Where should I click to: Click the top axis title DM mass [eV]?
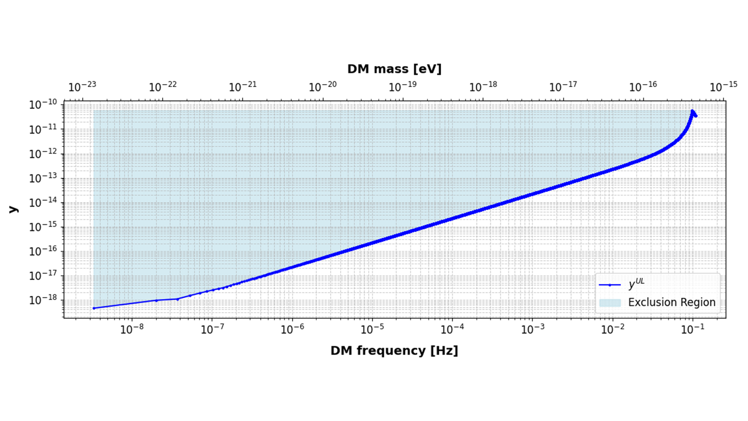[x=394, y=69]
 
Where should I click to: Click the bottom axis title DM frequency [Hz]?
[x=394, y=350]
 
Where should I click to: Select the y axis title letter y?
[x=13, y=209]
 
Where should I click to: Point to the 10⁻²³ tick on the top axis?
[x=82, y=87]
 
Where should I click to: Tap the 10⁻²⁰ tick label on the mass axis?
[x=323, y=87]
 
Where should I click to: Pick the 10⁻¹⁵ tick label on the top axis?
[x=723, y=87]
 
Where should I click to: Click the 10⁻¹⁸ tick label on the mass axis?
[x=483, y=87]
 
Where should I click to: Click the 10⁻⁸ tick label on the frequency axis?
[x=132, y=329]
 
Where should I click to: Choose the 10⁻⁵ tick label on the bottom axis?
[x=372, y=329]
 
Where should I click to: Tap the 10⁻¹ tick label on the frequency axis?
[x=693, y=329]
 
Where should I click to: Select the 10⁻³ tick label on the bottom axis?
[x=533, y=329]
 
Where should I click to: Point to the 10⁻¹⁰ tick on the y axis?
[x=43, y=104]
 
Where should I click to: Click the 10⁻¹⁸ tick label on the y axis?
[x=43, y=300]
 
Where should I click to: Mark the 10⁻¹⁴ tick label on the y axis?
[x=43, y=202]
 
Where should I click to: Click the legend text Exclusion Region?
[x=672, y=302]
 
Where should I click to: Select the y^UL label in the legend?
[x=636, y=284]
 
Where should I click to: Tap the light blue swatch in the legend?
[x=610, y=303]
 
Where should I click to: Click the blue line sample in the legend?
[x=610, y=285]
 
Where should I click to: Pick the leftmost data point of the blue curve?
[x=94, y=308]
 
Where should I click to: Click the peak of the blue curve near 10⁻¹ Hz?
[x=692, y=111]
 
